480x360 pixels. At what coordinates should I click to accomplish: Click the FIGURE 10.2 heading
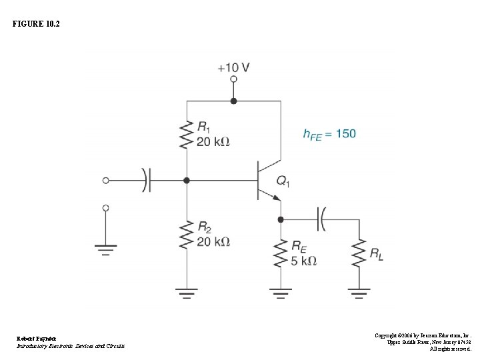36,23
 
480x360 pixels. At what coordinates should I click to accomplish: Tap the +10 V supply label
233,67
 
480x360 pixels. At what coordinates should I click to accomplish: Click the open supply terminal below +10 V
233,79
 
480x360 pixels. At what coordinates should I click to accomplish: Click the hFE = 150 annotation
329,134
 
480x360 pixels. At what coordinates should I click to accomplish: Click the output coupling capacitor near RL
322,219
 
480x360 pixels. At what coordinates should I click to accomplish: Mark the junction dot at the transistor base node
187,180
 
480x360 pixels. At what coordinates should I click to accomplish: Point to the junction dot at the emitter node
281,219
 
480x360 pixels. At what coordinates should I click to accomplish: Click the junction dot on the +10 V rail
233,101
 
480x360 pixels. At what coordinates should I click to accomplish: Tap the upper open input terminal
105,180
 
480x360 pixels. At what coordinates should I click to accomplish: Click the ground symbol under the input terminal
105,250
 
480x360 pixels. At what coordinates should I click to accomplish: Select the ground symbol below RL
359,292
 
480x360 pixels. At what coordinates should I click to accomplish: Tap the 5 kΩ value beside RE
303,261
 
